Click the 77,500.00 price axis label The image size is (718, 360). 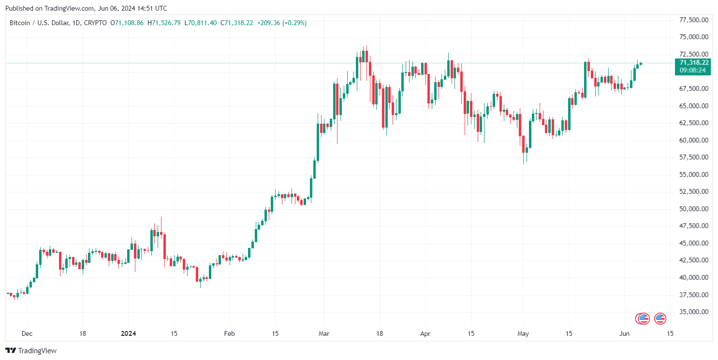(x=694, y=20)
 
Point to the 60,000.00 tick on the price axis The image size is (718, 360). (x=694, y=140)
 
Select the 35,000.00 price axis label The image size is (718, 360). (x=694, y=312)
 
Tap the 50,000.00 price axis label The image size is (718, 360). (x=694, y=209)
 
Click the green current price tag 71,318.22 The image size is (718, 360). (x=694, y=62)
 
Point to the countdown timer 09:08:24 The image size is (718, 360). (x=692, y=70)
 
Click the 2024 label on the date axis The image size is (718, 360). (x=128, y=333)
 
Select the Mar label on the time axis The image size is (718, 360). (x=324, y=333)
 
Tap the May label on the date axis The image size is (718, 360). (x=523, y=333)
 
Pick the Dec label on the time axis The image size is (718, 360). (x=27, y=333)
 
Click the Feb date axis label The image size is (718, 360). (x=229, y=333)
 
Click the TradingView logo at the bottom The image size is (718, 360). (x=31, y=351)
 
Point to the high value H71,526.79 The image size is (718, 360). (x=164, y=23)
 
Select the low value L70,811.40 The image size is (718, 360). (x=201, y=23)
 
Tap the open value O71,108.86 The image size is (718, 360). (x=127, y=23)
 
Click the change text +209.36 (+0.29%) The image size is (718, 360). (x=281, y=23)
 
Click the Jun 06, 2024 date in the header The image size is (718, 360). (x=114, y=8)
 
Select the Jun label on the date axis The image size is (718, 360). (x=625, y=333)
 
